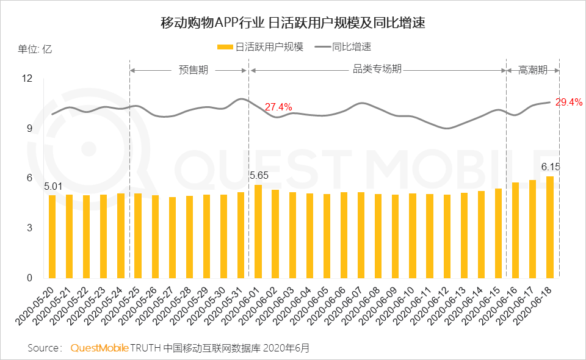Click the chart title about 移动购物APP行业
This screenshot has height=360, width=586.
point(292,23)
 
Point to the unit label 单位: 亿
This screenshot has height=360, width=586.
point(35,49)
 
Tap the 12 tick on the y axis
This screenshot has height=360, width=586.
point(27,78)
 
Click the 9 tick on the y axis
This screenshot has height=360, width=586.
point(29,128)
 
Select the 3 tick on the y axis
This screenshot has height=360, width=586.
point(29,228)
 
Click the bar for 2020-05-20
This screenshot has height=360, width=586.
point(52,236)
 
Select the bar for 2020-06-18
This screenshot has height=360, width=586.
point(550,226)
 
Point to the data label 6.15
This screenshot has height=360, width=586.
point(551,166)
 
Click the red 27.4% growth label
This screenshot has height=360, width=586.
point(278,107)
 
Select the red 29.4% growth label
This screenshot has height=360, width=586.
point(568,102)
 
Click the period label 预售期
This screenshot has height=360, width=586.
point(193,70)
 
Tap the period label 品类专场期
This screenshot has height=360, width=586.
point(377,70)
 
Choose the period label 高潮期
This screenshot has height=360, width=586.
point(532,70)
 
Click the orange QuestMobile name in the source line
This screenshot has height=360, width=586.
point(99,348)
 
